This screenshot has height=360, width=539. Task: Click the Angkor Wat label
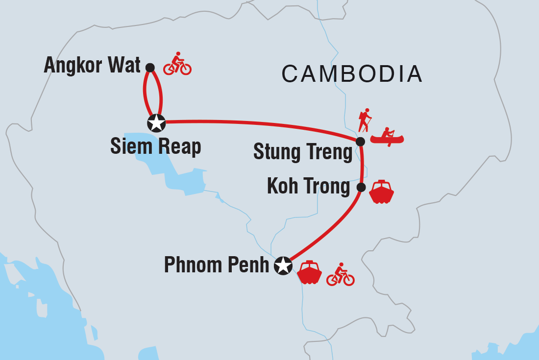point(92,66)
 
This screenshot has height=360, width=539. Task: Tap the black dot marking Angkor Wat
point(150,67)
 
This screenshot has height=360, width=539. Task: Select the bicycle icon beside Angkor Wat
point(177,64)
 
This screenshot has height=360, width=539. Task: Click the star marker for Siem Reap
point(156,123)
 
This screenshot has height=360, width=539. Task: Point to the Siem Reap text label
point(156,146)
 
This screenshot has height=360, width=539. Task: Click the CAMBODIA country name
point(352,74)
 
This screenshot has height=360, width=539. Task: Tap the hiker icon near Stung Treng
point(364,120)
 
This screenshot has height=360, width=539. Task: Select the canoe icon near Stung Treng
point(387,137)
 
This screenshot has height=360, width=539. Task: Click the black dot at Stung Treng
point(360,142)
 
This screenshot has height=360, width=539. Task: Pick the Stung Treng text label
point(303,152)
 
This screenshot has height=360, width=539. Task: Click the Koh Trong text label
point(309,187)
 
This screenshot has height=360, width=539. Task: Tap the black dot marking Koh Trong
point(361,187)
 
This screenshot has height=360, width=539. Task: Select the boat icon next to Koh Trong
point(381,192)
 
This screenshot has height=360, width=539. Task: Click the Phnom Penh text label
point(217,265)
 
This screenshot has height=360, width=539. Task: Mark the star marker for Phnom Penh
point(282,266)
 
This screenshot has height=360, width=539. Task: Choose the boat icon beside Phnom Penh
point(310,273)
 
